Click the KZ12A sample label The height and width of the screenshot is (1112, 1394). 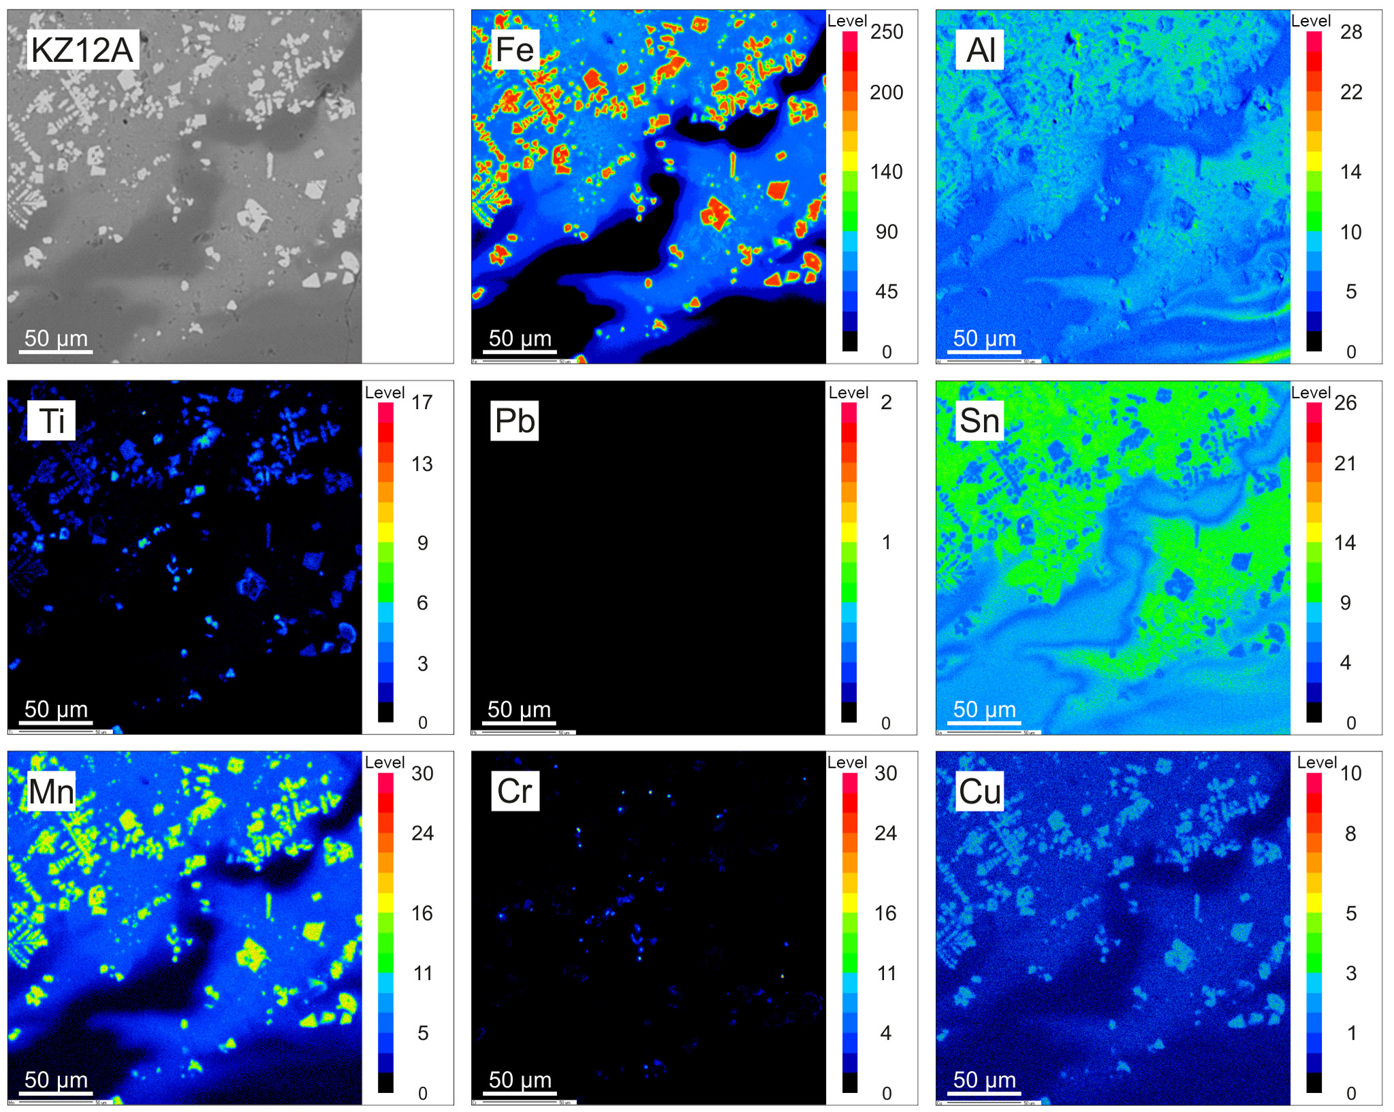(x=82, y=50)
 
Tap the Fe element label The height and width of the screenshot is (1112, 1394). (x=514, y=50)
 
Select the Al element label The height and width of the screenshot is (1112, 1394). (x=981, y=50)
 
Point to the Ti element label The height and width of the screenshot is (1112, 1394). (x=52, y=421)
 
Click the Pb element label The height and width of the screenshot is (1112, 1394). (x=514, y=421)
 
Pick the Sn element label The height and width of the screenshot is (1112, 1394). (x=979, y=421)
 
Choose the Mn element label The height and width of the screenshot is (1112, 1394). (x=51, y=791)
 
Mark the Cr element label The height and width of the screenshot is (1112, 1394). (x=514, y=791)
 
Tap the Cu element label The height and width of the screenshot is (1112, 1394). (x=980, y=791)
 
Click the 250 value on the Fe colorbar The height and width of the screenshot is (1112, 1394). (x=887, y=32)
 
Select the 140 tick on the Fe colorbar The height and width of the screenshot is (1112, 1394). (x=886, y=171)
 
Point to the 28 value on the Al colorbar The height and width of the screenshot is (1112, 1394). (x=1351, y=32)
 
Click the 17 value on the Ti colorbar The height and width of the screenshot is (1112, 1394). (x=422, y=402)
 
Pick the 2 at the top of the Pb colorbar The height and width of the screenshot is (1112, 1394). (x=886, y=402)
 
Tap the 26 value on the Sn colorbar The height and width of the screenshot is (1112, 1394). (x=1346, y=402)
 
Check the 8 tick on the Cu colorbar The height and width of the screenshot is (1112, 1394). (x=1351, y=834)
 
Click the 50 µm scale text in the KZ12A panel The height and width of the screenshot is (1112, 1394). (x=56, y=338)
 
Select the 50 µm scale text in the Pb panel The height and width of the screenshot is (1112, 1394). (x=519, y=709)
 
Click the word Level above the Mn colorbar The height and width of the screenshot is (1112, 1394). (x=385, y=762)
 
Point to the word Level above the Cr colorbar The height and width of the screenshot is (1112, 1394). (x=847, y=762)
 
